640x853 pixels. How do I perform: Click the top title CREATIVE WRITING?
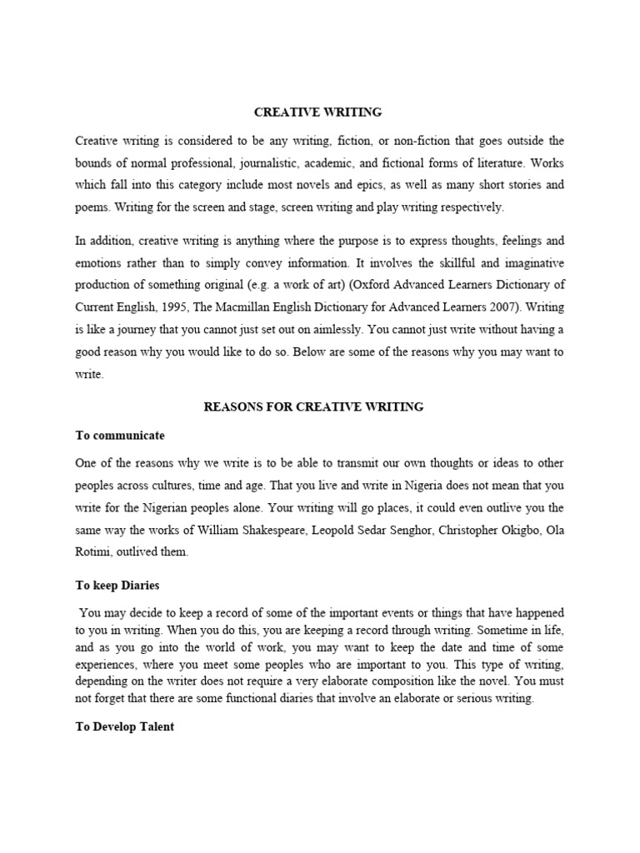tap(318, 111)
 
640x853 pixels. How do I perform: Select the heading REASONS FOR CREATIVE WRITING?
tap(314, 407)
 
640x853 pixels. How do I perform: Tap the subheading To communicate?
tap(120, 435)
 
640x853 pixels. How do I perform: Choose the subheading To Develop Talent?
tap(125, 726)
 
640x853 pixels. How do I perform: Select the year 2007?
tap(492, 307)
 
